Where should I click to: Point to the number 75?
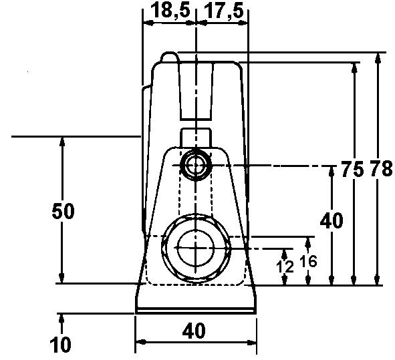[x=352, y=170]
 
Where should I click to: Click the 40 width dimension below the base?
[x=194, y=330]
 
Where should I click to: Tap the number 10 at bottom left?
[x=61, y=345]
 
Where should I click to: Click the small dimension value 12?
[x=285, y=266]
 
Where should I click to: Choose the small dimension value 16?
[x=308, y=261]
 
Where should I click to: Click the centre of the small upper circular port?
[x=196, y=164]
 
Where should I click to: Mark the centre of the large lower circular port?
[x=194, y=248]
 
